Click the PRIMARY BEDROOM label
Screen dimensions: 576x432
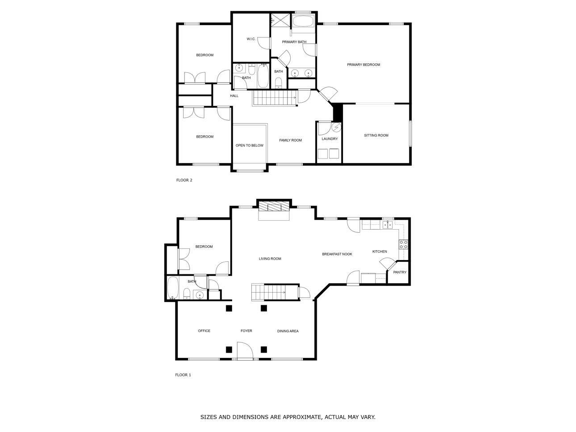tap(363, 65)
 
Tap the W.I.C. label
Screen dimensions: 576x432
tap(251, 39)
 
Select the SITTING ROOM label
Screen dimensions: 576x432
tap(376, 135)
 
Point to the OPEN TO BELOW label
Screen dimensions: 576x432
tap(249, 145)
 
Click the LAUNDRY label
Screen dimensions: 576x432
tap(330, 139)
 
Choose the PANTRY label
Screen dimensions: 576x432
tap(400, 272)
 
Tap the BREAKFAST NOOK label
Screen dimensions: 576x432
tap(337, 254)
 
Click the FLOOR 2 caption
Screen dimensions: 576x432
tap(184, 180)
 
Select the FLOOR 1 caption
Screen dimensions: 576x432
tap(183, 375)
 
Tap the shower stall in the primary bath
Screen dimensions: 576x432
tap(280, 20)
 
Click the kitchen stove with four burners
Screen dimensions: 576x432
tap(403, 244)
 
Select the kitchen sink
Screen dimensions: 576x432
tap(387, 225)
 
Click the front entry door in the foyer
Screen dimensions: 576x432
tap(245, 351)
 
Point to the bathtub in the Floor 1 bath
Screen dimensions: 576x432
tap(173, 288)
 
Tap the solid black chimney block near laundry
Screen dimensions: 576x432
tap(338, 112)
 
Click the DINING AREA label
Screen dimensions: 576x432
tap(288, 331)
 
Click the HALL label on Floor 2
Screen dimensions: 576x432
tap(234, 96)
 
